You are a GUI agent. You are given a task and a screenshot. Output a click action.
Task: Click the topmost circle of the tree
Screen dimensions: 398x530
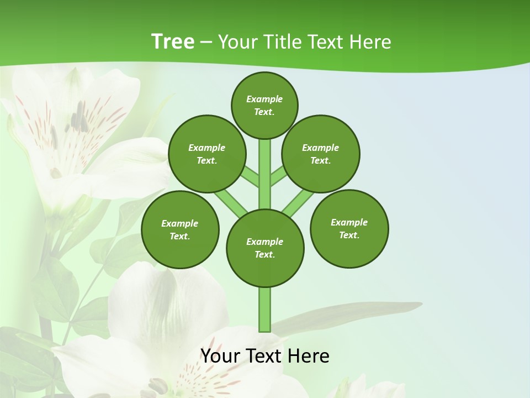click(x=264, y=105)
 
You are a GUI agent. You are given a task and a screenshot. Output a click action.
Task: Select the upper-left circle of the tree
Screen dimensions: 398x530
click(x=206, y=154)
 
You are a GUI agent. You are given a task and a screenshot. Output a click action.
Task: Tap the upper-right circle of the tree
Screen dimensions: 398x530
click(x=321, y=154)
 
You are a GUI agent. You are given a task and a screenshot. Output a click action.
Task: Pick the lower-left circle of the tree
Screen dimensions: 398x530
click(x=180, y=229)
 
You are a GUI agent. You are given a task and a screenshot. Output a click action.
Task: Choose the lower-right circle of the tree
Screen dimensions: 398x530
click(x=349, y=228)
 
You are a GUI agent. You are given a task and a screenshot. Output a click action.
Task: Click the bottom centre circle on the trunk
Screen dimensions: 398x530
click(x=265, y=248)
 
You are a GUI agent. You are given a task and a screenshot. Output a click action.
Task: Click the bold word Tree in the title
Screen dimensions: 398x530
click(x=173, y=42)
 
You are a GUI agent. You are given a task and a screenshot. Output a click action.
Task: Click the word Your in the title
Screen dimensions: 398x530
click(x=235, y=42)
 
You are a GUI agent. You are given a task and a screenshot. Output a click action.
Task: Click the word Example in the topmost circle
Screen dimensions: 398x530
click(x=264, y=99)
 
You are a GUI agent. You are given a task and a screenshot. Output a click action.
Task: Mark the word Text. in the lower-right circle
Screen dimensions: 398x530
click(x=349, y=235)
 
